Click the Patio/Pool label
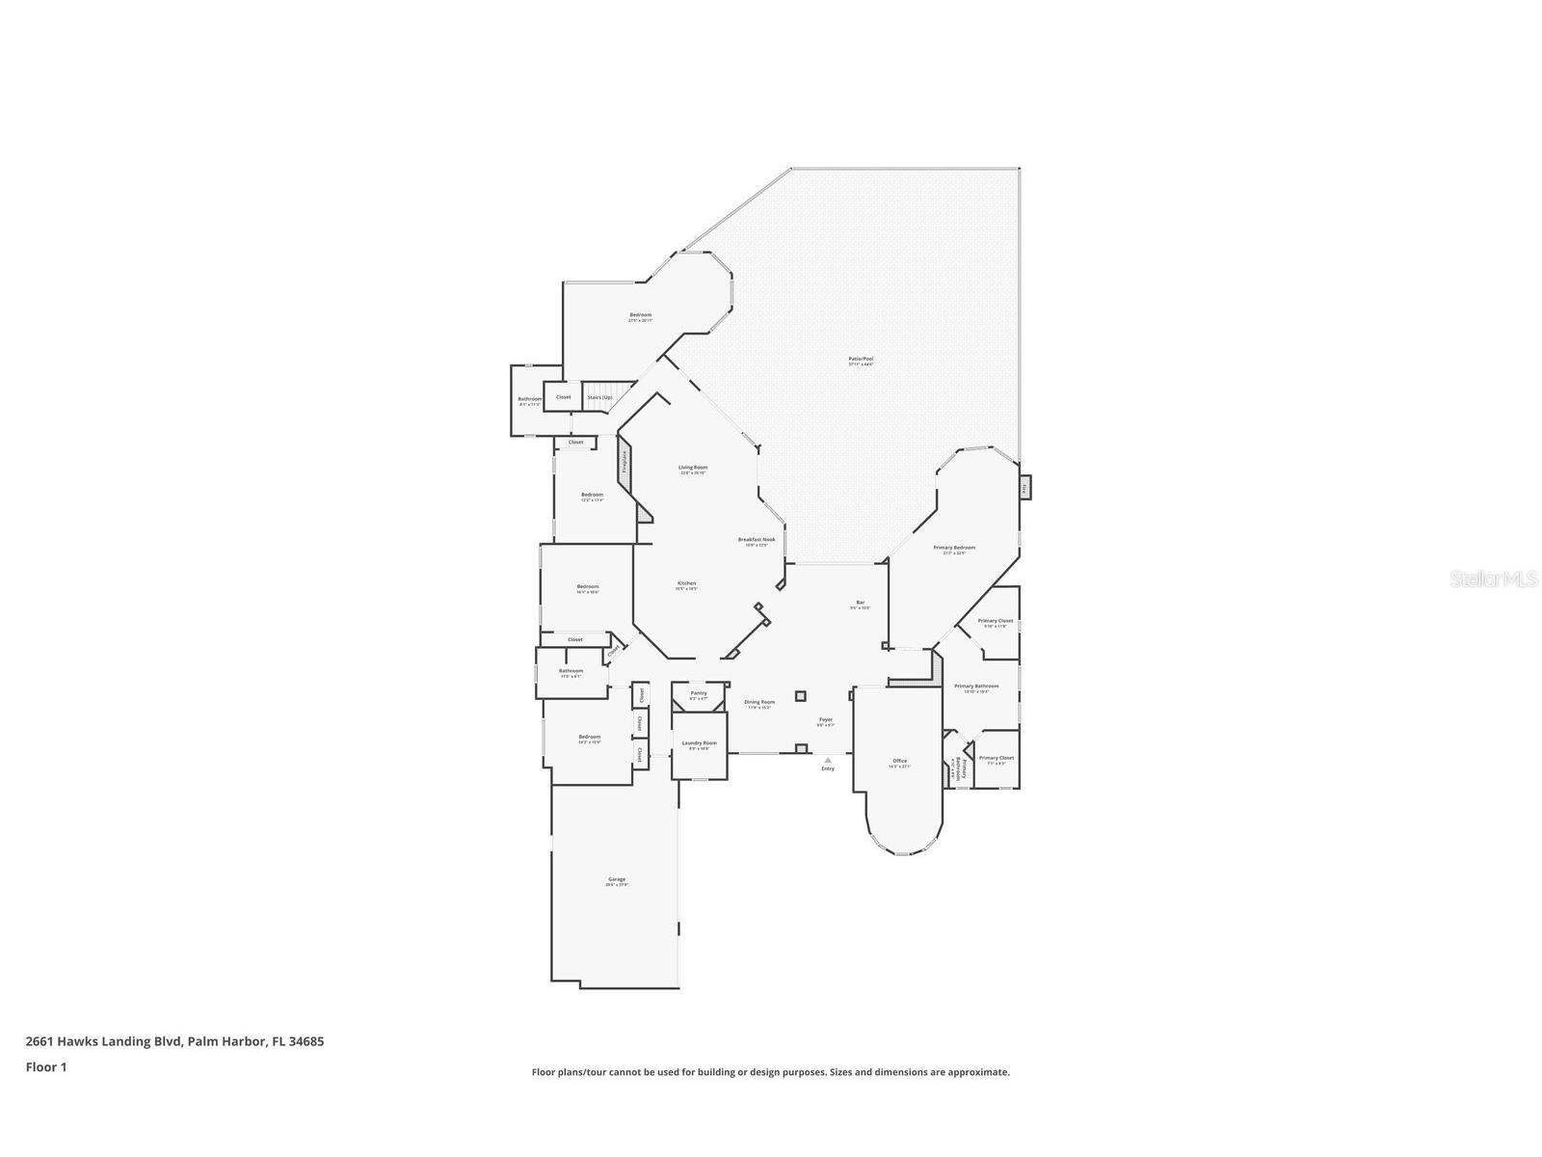[861, 359]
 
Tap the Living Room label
[693, 468]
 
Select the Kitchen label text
[686, 583]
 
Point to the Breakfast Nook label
[757, 540]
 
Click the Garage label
[617, 879]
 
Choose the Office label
[899, 762]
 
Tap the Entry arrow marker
[827, 761]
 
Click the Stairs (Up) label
[599, 397]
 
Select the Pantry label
[699, 693]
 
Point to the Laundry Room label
[699, 743]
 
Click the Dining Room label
[759, 702]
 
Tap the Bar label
[860, 603]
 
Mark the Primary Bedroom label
[954, 548]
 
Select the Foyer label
[826, 719]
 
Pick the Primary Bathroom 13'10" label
[976, 686]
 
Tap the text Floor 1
[45, 1067]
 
